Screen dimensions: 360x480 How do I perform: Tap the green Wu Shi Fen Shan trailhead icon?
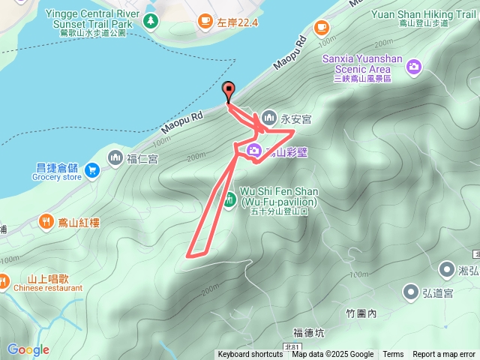click(x=230, y=199)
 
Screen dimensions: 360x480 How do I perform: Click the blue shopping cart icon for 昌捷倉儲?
click(x=92, y=170)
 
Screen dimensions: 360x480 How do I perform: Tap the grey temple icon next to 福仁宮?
click(x=115, y=157)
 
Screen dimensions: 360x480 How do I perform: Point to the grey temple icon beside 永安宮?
click(x=269, y=118)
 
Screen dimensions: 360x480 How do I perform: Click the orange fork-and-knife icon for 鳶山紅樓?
click(x=46, y=222)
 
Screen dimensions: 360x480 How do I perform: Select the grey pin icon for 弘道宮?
click(x=411, y=291)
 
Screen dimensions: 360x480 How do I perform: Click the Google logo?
click(x=28, y=349)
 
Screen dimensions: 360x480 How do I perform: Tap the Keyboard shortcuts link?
click(x=250, y=355)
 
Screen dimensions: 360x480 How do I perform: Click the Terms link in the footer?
click(x=393, y=355)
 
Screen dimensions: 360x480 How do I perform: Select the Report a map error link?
click(x=444, y=355)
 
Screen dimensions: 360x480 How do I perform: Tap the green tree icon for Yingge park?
click(x=152, y=21)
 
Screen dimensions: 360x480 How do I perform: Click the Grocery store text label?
click(x=57, y=178)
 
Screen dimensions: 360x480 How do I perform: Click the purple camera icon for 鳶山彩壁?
click(x=254, y=151)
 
